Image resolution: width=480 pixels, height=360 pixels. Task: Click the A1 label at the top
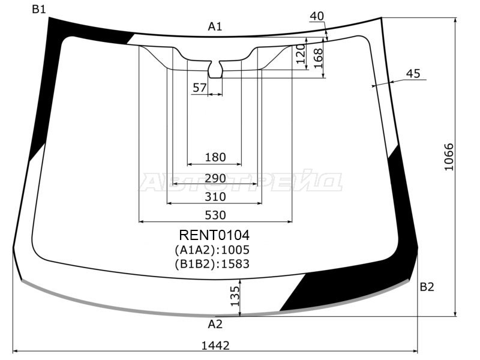coord(215,26)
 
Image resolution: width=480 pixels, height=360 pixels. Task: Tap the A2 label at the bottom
coord(215,324)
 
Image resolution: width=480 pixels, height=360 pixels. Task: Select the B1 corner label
coord(39,9)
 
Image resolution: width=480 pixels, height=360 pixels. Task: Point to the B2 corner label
coord(426,287)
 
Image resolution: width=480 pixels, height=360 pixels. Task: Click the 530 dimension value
coord(215,215)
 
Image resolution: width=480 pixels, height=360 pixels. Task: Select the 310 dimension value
coord(215,197)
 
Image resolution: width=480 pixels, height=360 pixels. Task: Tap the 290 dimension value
coord(215,178)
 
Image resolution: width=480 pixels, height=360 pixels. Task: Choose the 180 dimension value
coord(215,157)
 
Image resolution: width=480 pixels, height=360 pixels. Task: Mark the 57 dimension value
coord(199,88)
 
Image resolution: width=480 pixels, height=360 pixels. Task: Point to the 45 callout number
coord(413,74)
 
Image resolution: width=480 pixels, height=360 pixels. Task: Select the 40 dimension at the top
coord(317,16)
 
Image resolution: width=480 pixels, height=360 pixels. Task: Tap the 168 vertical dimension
coord(318,58)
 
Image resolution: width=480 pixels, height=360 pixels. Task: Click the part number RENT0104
coord(214,235)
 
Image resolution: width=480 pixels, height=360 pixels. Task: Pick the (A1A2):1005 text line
coord(212,250)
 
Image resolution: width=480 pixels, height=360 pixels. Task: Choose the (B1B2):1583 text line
coord(212,263)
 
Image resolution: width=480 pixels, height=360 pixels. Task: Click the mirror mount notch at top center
coord(215,68)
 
